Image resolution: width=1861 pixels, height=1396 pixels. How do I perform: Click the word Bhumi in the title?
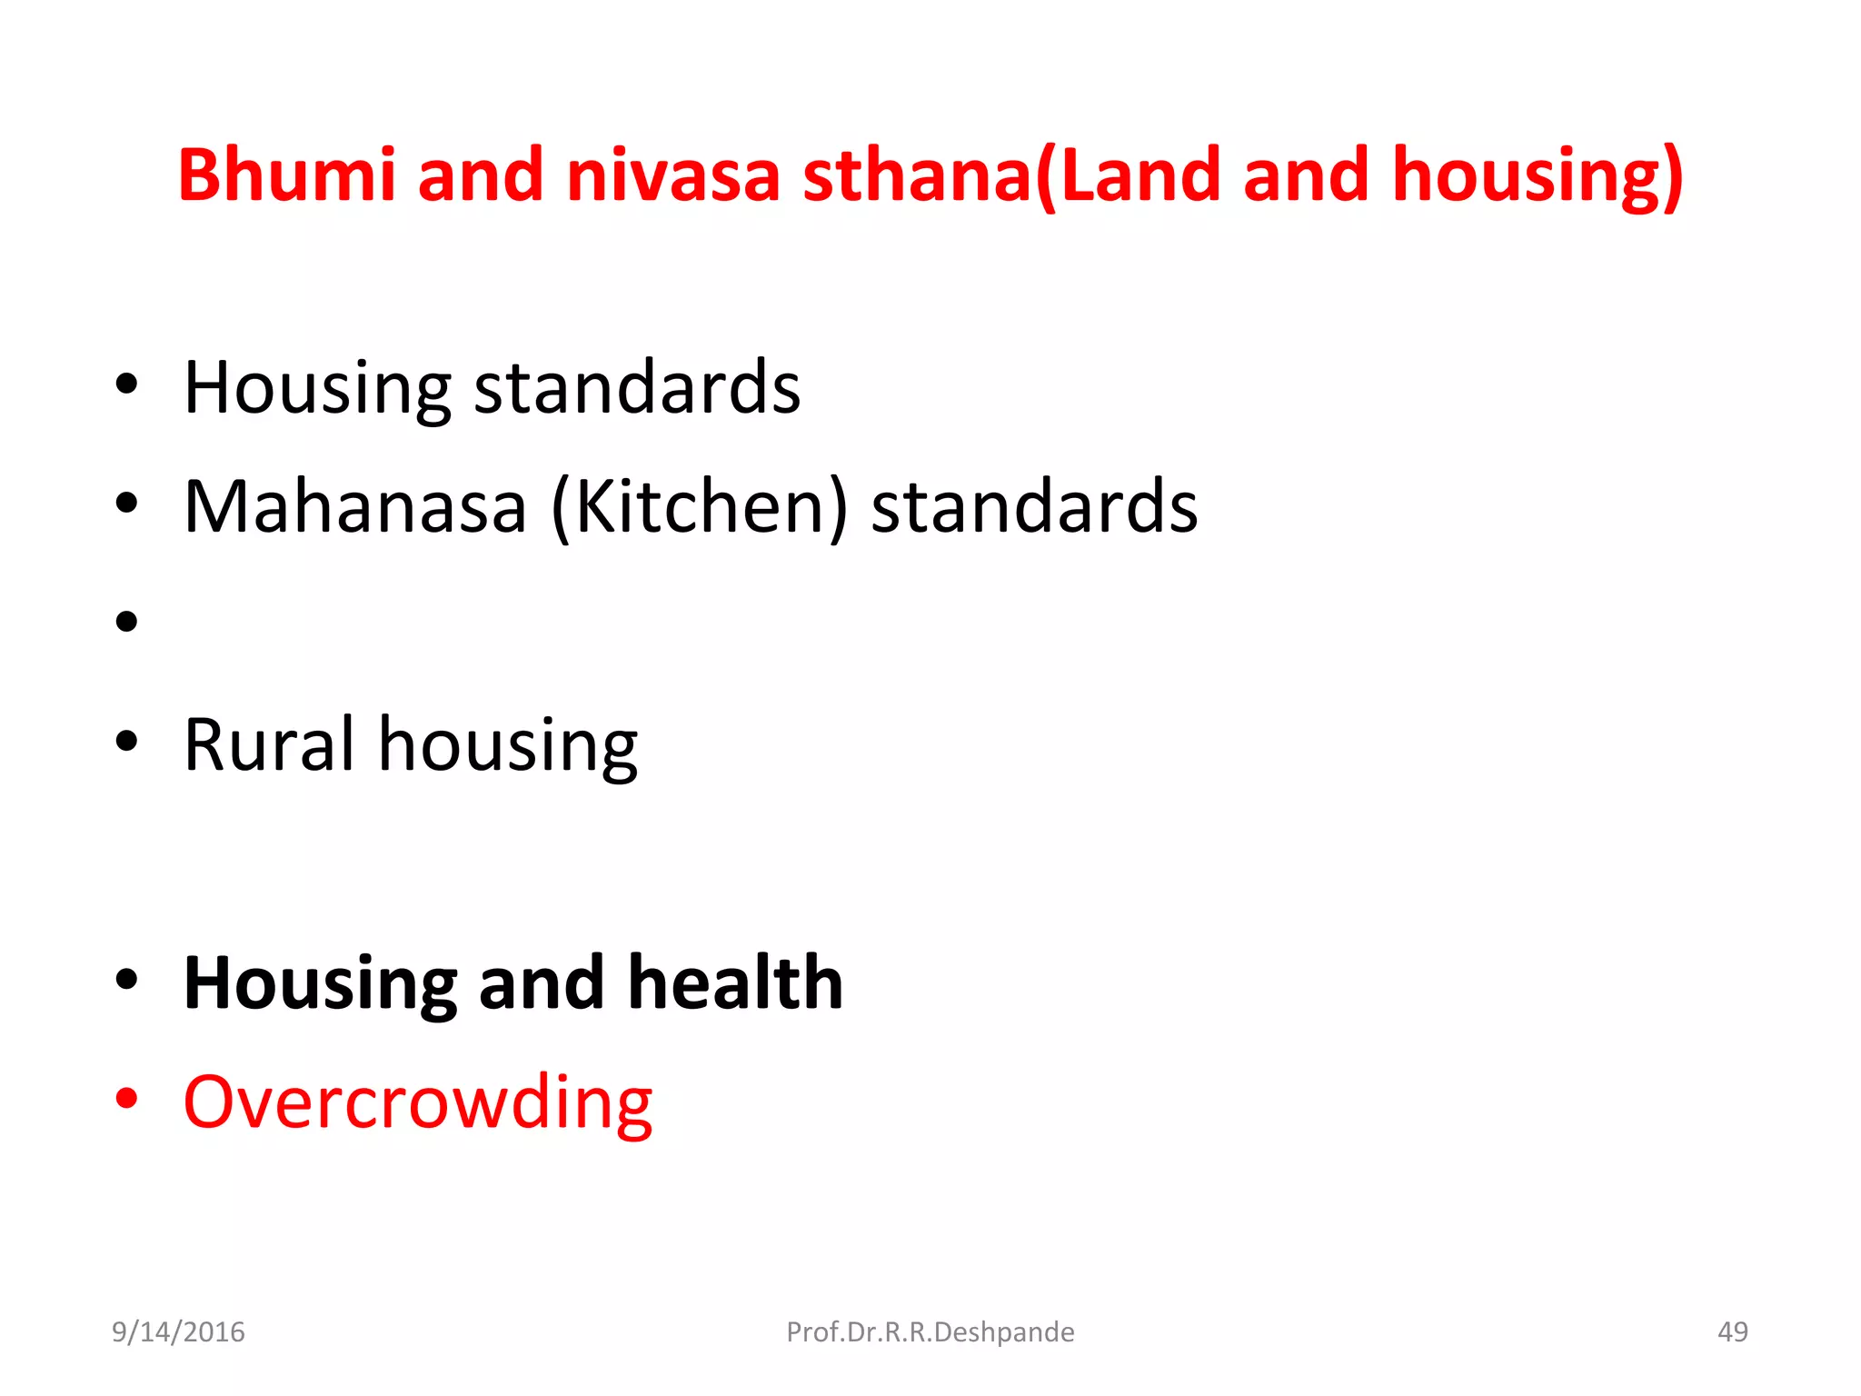click(x=287, y=174)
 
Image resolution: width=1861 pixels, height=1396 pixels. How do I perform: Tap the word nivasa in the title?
click(x=672, y=174)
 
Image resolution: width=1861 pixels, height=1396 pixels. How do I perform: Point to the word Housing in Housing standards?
click(x=317, y=389)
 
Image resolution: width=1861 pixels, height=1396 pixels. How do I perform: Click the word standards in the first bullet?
click(x=637, y=389)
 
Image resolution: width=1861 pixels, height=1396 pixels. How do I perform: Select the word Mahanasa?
click(x=354, y=507)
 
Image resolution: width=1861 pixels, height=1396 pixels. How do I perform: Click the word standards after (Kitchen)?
click(x=1034, y=507)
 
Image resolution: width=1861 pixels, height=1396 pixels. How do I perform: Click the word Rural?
click(x=268, y=745)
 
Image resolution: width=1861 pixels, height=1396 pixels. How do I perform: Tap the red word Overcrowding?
click(x=418, y=1103)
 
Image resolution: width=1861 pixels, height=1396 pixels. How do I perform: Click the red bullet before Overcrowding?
click(x=126, y=1099)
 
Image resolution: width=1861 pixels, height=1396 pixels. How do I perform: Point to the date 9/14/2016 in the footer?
click(x=178, y=1332)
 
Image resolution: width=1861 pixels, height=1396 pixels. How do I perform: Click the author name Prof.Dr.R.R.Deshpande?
click(x=930, y=1332)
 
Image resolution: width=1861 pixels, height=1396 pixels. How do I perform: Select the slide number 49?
click(x=1732, y=1332)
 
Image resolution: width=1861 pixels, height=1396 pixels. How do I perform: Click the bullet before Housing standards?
click(x=126, y=384)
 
